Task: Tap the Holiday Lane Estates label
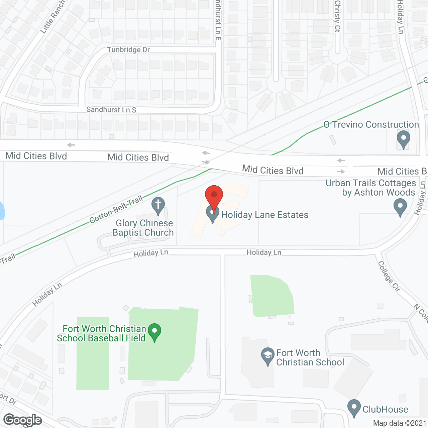[x=264, y=215]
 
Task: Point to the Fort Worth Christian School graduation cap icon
[x=267, y=356]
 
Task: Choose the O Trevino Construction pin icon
[x=404, y=139]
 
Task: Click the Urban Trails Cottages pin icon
[x=400, y=207]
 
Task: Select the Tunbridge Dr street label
[x=128, y=50]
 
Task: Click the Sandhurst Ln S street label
[x=111, y=110]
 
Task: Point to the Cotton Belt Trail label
[x=116, y=210]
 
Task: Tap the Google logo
[x=23, y=420]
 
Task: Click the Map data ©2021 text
[x=400, y=423]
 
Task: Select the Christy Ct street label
[x=337, y=16]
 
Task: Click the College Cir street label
[x=389, y=276]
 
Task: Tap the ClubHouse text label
[x=385, y=409]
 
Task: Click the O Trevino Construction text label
[x=371, y=125]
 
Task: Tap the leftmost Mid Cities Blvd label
[x=36, y=156]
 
